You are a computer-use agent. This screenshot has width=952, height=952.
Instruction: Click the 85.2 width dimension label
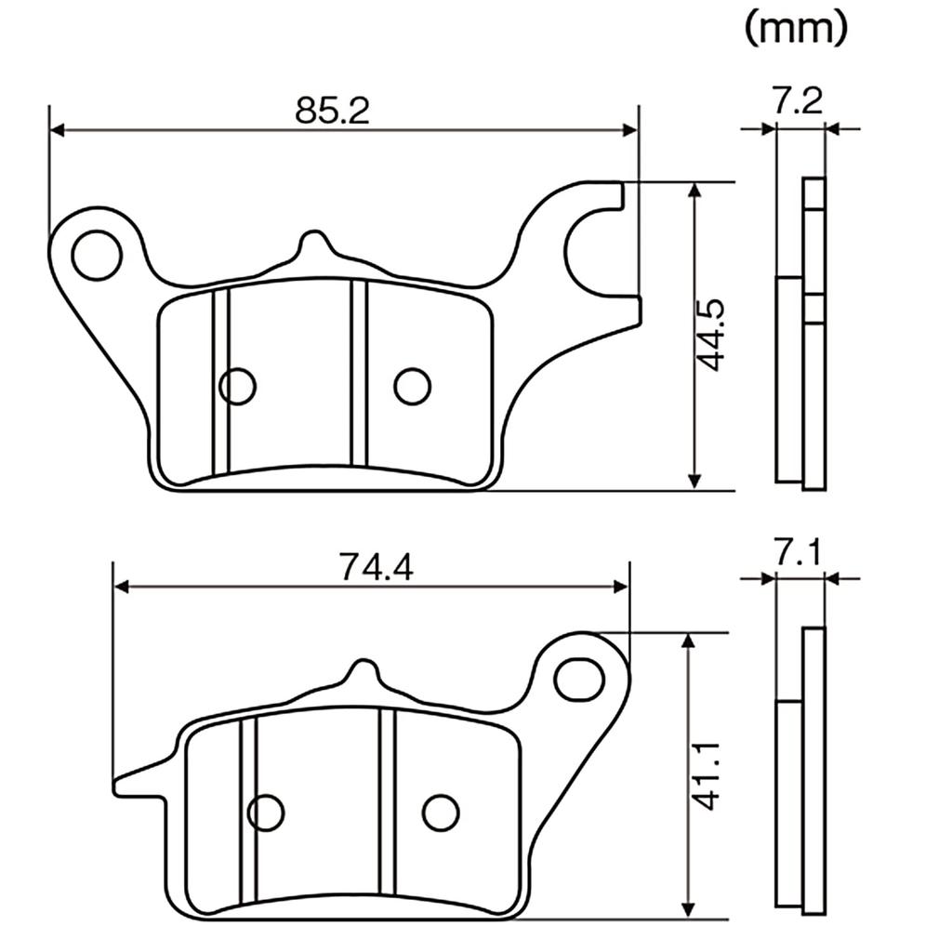click(x=332, y=111)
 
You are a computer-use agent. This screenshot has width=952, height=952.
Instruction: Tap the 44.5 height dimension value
click(x=709, y=335)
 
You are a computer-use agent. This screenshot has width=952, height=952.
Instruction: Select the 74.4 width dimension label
click(x=377, y=567)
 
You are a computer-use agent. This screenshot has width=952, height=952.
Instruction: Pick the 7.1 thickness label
click(x=798, y=552)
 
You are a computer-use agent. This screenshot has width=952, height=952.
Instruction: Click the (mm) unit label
click(x=796, y=28)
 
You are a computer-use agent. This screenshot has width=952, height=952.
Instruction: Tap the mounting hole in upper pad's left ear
click(x=97, y=255)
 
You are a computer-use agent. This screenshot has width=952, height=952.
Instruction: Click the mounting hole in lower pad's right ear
click(x=580, y=678)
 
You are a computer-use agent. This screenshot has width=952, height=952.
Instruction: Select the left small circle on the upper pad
click(x=237, y=386)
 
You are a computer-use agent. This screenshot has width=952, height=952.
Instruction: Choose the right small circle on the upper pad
click(x=412, y=386)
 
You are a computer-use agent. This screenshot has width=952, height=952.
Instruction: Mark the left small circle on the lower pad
click(x=266, y=813)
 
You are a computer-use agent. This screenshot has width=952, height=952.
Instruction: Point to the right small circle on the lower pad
click(x=440, y=813)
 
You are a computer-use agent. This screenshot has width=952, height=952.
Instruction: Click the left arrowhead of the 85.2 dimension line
click(x=57, y=130)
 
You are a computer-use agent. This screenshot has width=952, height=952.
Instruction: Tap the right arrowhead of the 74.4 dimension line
click(x=621, y=587)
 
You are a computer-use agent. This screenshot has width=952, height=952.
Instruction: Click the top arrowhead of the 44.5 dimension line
click(x=695, y=190)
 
